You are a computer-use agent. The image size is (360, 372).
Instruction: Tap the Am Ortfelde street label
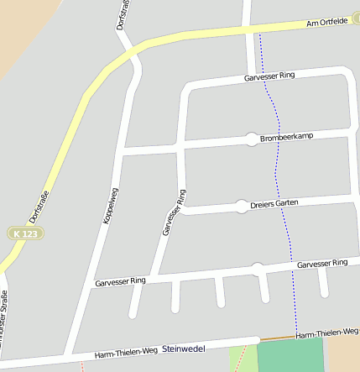tap(328, 24)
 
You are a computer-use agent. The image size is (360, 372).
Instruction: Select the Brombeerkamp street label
tap(286, 137)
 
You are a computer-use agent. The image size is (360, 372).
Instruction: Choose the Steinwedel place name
tap(184, 348)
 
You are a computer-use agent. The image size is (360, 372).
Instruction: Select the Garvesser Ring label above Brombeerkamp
tap(269, 76)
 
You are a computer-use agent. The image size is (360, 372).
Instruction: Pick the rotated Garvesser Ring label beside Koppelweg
tap(173, 212)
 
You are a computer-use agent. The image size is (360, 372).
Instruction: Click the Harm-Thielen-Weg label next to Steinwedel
tap(126, 353)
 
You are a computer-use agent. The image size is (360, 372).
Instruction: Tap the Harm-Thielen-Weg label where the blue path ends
tap(328, 334)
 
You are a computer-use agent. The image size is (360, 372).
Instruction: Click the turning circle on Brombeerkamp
tap(251, 139)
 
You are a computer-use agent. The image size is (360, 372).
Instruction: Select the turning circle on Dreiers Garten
tap(242, 207)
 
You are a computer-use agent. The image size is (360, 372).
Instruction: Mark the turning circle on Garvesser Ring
tap(258, 269)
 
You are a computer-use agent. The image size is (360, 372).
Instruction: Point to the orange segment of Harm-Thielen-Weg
tap(276, 338)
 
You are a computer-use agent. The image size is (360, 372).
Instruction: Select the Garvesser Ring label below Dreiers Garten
tap(322, 264)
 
